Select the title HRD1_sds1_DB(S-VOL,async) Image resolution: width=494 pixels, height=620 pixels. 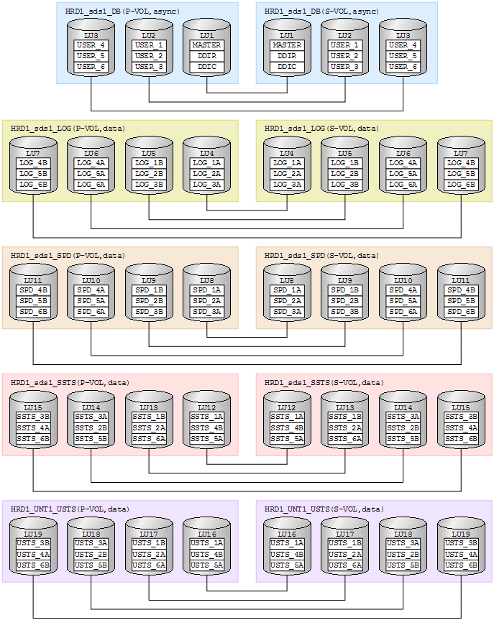tap(322, 11)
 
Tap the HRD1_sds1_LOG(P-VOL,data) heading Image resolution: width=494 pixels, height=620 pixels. tap(68, 129)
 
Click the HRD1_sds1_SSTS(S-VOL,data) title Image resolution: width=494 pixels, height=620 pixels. tap(324, 382)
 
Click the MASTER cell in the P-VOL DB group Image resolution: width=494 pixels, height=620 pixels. tap(207, 45)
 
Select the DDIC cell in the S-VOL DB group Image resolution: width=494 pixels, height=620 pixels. tap(287, 67)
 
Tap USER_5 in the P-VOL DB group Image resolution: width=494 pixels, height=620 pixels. tap(91, 56)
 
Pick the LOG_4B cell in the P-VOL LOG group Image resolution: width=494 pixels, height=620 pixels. tap(33, 163)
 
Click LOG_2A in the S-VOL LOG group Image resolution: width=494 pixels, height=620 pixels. tap(287, 174)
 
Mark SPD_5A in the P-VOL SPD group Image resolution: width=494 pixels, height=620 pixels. tap(91, 301)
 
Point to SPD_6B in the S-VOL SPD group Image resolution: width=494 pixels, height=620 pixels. tap(461, 312)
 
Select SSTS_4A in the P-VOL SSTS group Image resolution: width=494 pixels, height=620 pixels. tap(33, 427)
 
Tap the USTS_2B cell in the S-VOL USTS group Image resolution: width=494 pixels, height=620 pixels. tap(403, 555)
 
